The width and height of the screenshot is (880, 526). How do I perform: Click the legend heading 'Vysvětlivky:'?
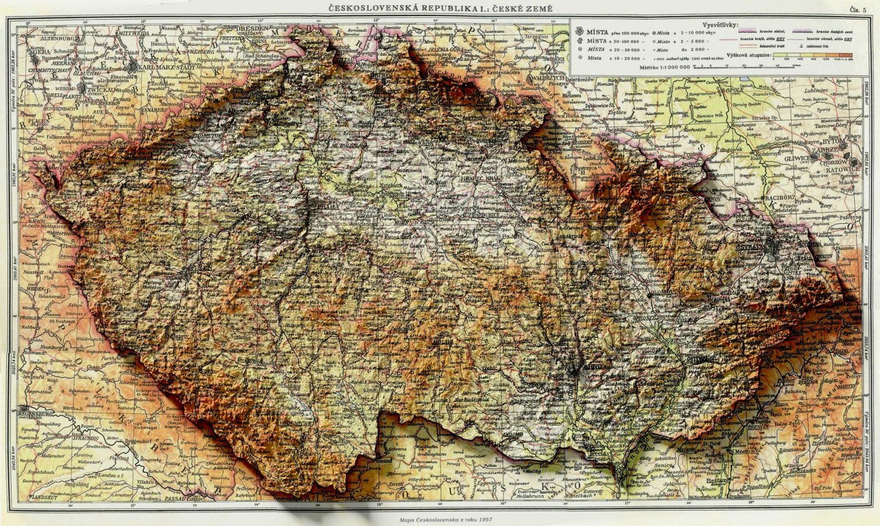coord(721,26)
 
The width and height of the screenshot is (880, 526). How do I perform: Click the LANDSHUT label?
coord(32,498)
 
